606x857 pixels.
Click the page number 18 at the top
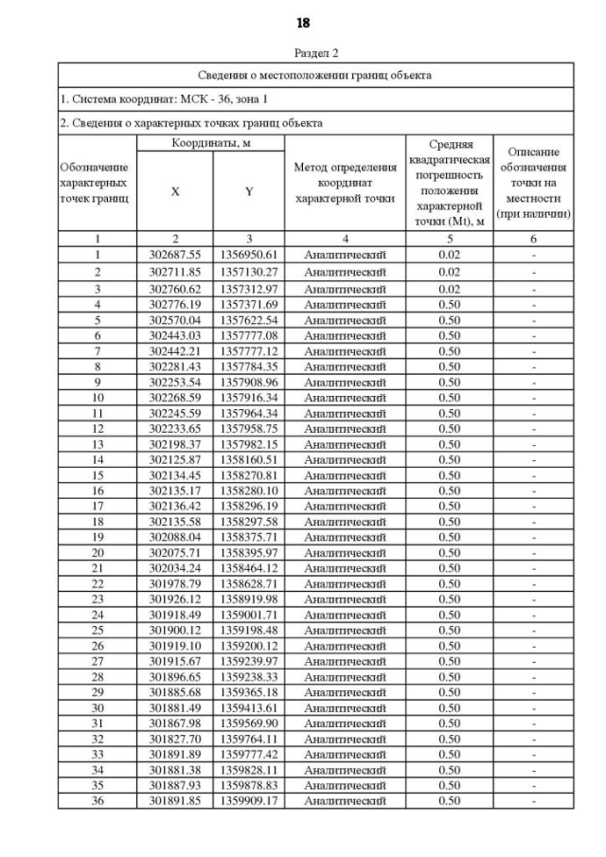pos(303,22)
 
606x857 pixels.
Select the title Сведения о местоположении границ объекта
pos(315,75)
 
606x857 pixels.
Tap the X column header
pos(175,191)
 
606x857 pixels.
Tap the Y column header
pos(249,191)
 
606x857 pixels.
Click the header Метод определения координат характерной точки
pos(345,183)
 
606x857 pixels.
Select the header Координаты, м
pos(212,143)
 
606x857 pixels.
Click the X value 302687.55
pos(175,255)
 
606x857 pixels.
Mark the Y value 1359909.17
pos(249,800)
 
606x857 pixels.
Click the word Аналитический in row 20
pos(345,552)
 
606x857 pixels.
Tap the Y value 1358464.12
pos(249,568)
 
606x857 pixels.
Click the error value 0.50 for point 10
pos(450,397)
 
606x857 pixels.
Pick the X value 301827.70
pos(175,739)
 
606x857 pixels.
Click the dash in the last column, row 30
pos(534,707)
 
